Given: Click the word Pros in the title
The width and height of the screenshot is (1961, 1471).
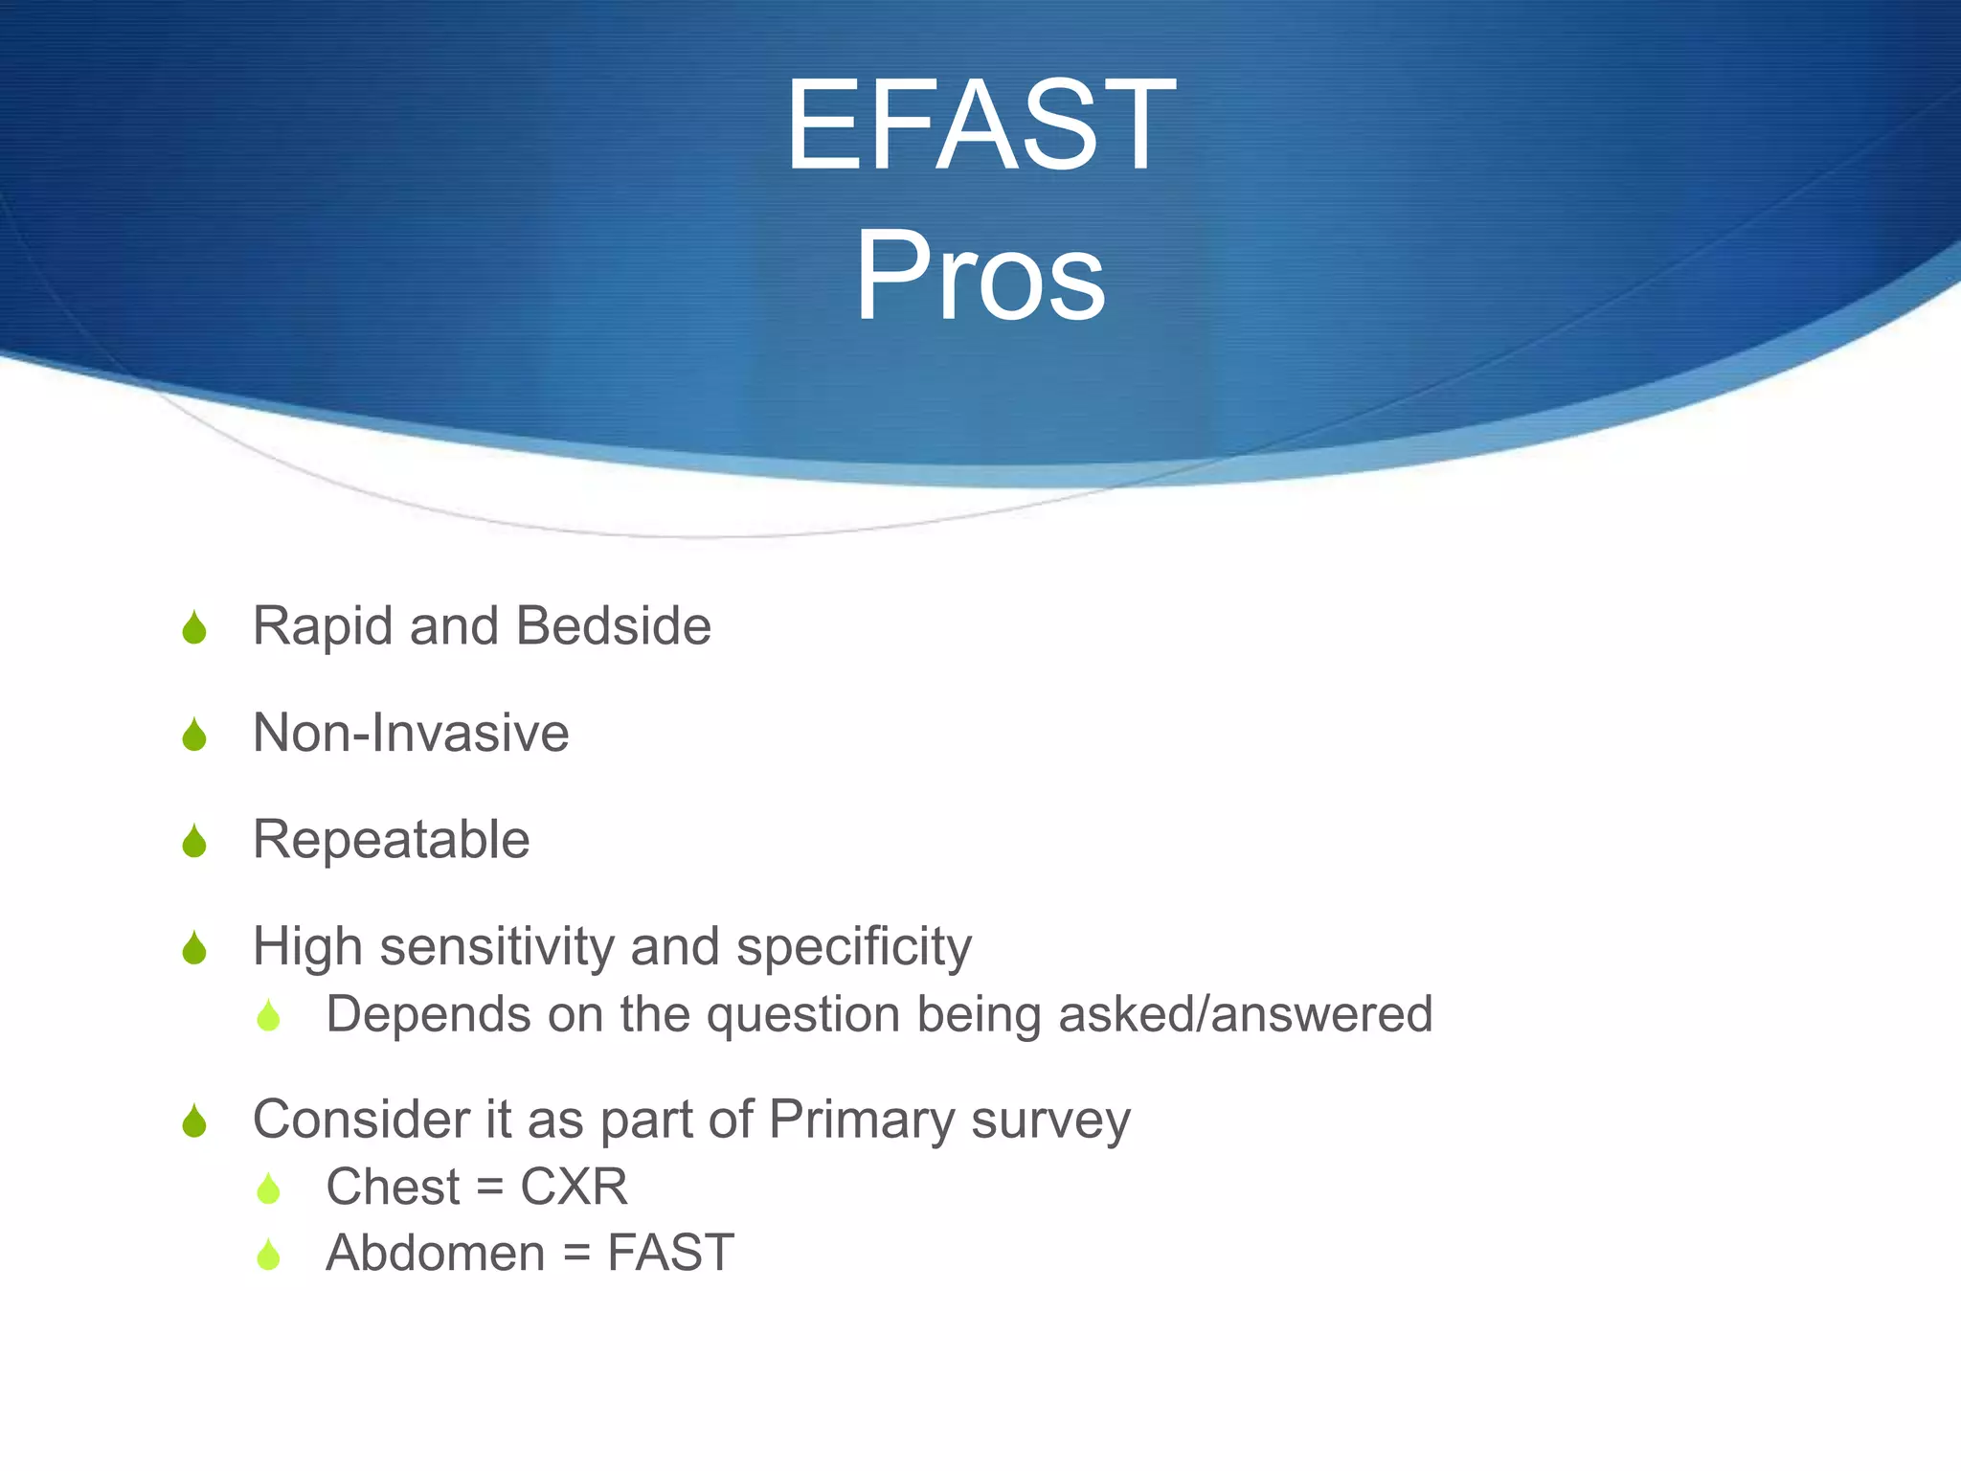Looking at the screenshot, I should click(980, 277).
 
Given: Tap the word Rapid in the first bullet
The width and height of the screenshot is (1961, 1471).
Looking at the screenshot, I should click(323, 627).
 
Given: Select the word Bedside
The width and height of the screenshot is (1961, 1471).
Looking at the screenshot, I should click(613, 626).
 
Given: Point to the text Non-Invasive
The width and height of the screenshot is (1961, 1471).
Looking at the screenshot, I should click(411, 734).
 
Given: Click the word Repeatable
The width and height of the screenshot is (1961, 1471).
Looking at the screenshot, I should click(391, 840).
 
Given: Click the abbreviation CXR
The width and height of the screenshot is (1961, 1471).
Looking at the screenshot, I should click(574, 1188).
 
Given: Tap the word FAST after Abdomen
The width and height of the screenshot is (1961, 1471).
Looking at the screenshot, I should click(670, 1254).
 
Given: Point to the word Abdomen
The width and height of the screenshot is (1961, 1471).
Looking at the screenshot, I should click(436, 1254).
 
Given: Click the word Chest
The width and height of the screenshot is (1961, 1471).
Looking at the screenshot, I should click(394, 1188).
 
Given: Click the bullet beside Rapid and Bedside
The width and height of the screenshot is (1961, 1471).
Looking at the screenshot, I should click(194, 628).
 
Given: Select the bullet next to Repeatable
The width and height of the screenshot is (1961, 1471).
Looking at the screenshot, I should click(194, 842).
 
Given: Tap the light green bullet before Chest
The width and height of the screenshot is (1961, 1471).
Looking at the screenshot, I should click(268, 1189).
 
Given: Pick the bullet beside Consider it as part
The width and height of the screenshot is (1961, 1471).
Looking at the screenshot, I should click(194, 1121).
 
